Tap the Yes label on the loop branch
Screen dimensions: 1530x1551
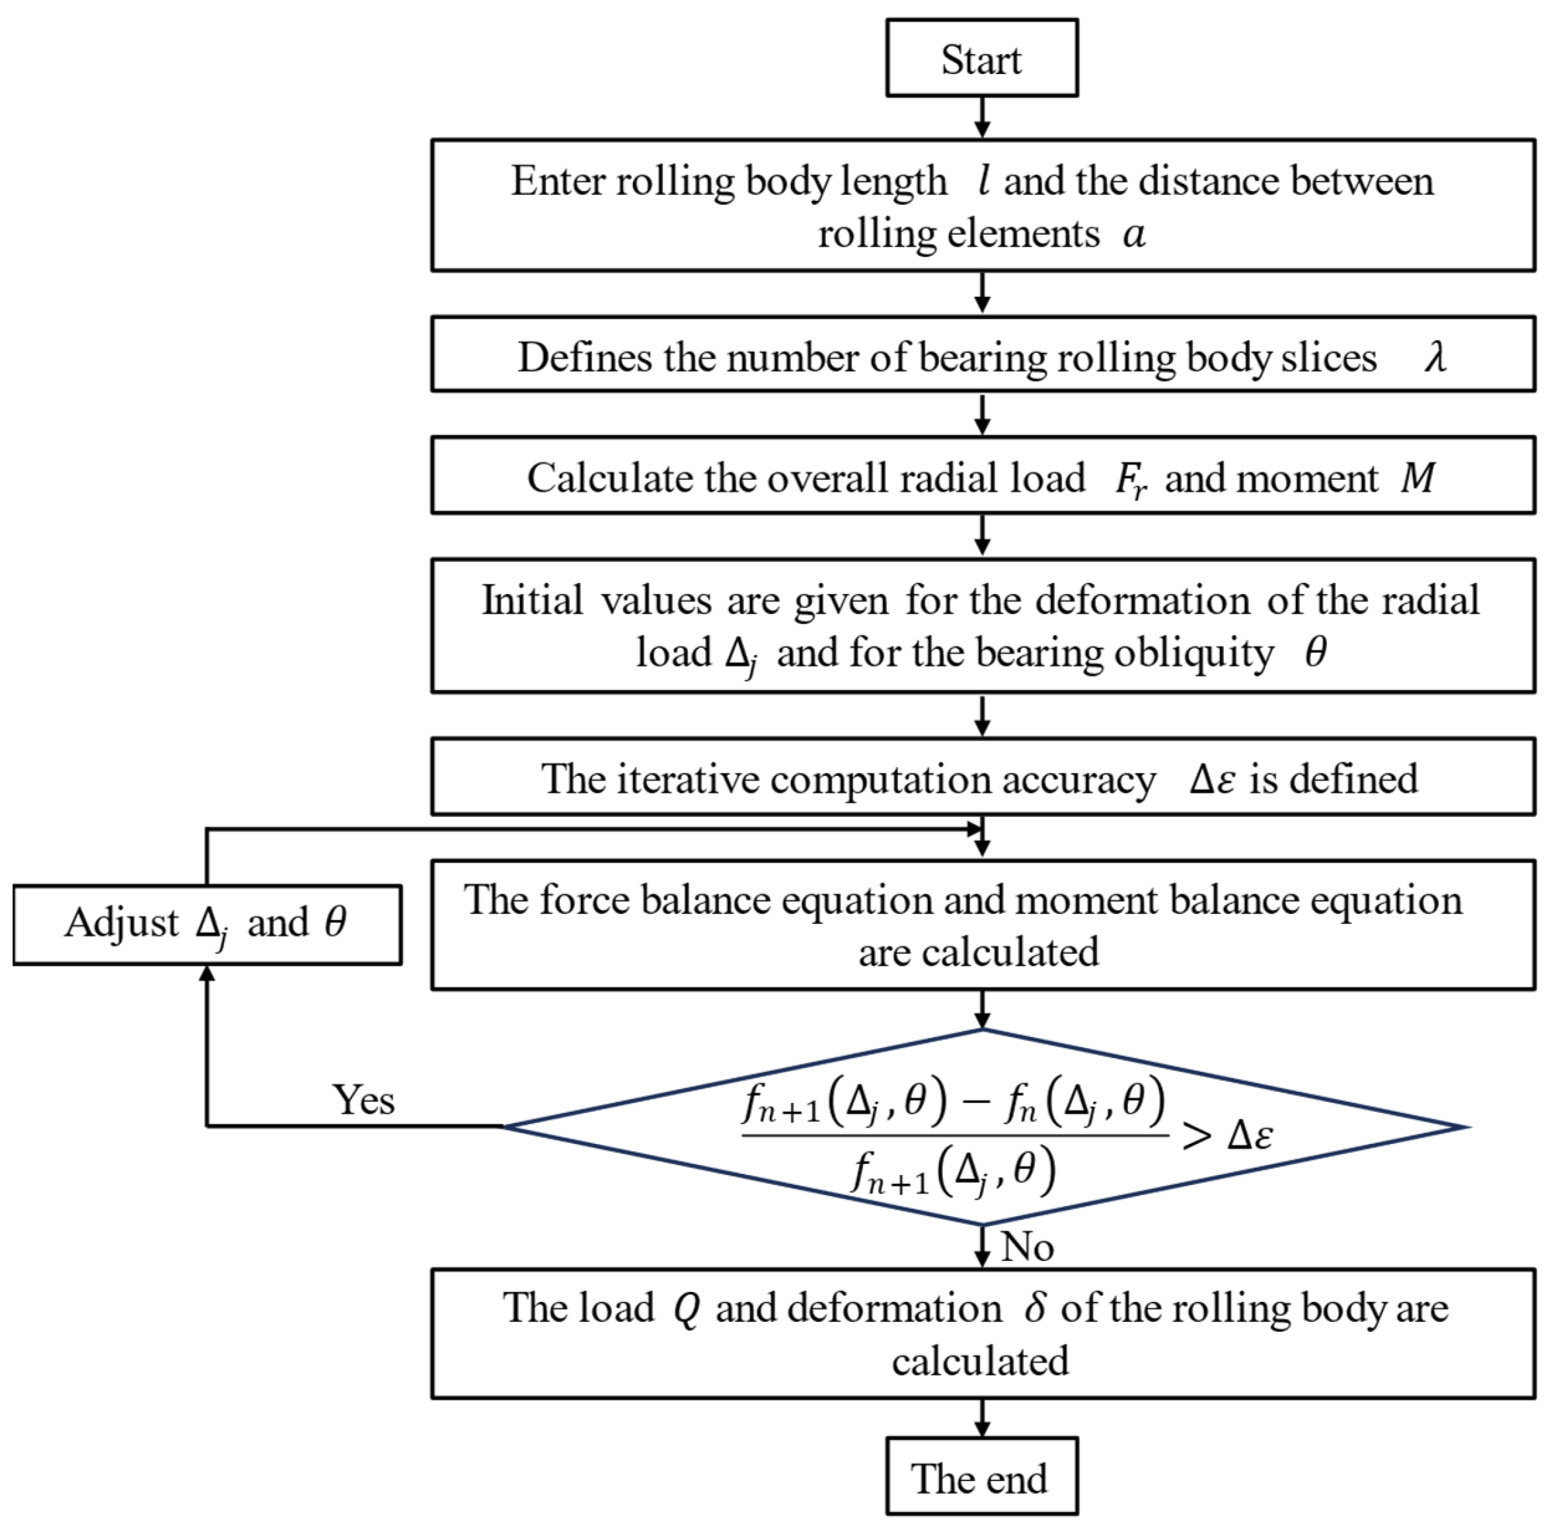click(x=363, y=1099)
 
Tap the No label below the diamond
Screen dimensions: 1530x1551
click(x=1027, y=1246)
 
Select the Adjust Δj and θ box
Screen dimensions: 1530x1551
click(x=207, y=924)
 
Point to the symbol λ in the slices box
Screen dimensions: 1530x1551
click(x=1435, y=356)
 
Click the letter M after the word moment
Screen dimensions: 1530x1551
click(x=1418, y=478)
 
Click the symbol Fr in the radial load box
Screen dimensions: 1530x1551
click(x=1130, y=480)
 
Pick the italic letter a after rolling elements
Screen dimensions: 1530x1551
click(x=1133, y=235)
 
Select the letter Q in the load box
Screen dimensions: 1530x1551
click(x=687, y=1309)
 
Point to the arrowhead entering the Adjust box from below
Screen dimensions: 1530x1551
click(x=207, y=974)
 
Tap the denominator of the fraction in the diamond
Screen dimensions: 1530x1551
click(x=953, y=1172)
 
